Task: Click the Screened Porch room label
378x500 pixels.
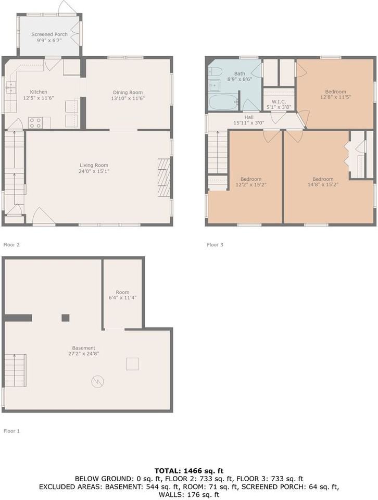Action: [x=49, y=34]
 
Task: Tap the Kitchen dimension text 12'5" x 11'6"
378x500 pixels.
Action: [x=39, y=98]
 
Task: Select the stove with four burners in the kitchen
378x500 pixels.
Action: [x=35, y=123]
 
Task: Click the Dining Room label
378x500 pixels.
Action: [x=128, y=92]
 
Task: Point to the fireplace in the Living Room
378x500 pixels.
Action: [x=163, y=178]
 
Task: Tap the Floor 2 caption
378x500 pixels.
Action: [x=11, y=244]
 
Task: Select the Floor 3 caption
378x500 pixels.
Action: [x=215, y=244]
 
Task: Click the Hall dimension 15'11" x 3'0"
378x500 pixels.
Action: [x=249, y=123]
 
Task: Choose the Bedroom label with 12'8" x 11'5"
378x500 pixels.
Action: [x=335, y=92]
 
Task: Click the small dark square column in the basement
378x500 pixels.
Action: [x=65, y=318]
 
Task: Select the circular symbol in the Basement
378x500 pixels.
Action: [x=97, y=382]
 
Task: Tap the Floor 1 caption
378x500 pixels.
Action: [x=11, y=431]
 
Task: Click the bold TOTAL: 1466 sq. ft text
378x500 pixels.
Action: [x=188, y=471]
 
